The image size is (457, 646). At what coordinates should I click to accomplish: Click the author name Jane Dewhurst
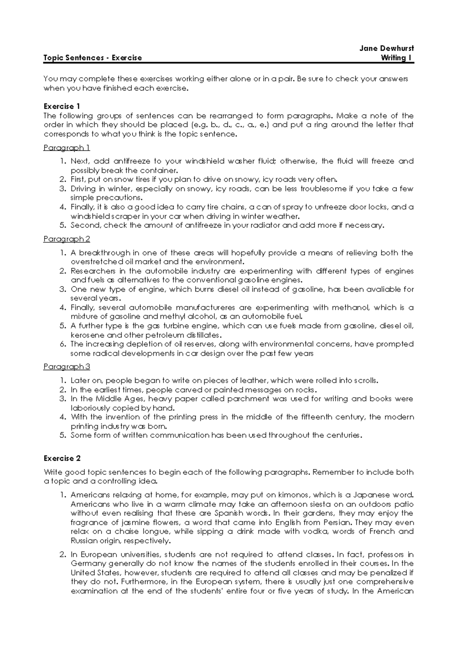point(387,48)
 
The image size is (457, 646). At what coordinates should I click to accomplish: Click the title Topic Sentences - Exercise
point(93,58)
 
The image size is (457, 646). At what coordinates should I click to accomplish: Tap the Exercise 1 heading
point(62,106)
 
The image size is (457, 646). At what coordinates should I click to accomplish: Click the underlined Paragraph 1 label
point(67,148)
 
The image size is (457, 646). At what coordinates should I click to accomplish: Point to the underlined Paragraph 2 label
point(67,239)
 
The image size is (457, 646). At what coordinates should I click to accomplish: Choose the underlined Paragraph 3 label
point(67,367)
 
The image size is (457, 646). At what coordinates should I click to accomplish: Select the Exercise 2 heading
point(62,458)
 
